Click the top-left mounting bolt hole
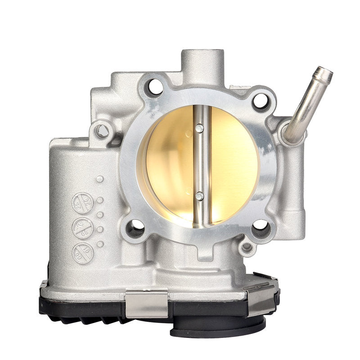click(x=154, y=87)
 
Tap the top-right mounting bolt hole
click(x=260, y=100)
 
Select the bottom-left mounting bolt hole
click(x=135, y=228)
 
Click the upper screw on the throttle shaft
click(x=199, y=129)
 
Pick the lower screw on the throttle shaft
click(x=199, y=196)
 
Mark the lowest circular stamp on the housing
click(x=83, y=253)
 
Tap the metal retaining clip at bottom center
click(x=146, y=299)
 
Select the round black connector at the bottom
click(x=218, y=326)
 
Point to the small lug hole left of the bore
click(x=103, y=131)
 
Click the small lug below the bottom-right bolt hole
click(x=247, y=247)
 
